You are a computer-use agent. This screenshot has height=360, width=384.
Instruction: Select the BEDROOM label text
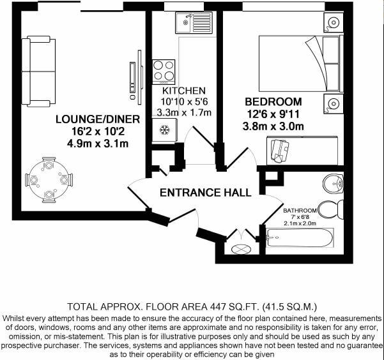click(273, 101)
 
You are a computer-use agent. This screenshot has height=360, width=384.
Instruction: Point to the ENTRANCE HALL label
click(205, 192)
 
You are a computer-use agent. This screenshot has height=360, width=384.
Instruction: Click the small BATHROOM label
click(300, 211)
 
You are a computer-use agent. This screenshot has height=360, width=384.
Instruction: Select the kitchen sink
click(193, 22)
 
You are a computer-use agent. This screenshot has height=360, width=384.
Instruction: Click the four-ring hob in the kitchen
click(164, 71)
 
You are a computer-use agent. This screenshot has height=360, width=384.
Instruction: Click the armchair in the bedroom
click(279, 149)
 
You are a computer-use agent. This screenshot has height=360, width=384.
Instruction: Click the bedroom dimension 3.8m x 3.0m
click(273, 126)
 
